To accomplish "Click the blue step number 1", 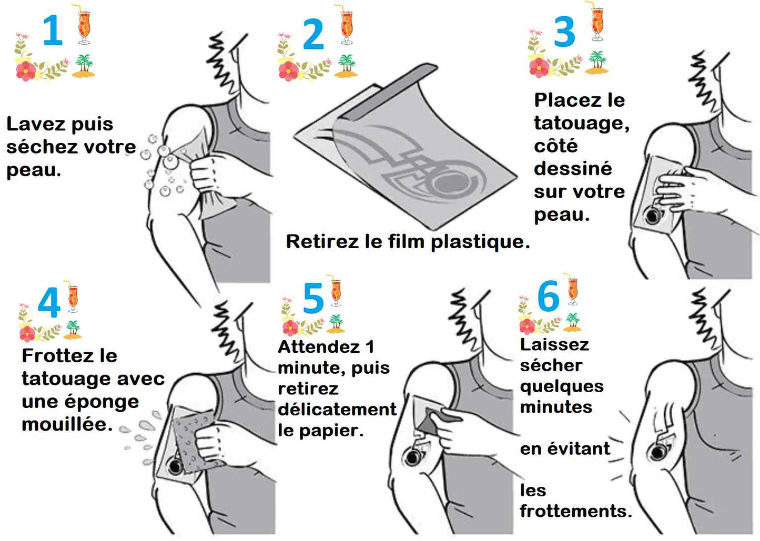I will point(53,31).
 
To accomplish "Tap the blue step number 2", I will point(313,35).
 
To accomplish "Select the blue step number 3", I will point(564,32).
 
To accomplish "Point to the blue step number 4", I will point(49,303).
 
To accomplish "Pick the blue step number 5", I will point(313,298).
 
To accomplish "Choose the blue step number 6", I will point(548,297).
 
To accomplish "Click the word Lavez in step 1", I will point(29,124).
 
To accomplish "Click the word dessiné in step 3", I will point(573,169).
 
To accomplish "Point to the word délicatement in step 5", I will point(337,410).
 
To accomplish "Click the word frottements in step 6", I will point(575,511).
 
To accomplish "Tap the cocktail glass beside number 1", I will point(84,24).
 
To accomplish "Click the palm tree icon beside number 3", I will point(597,62).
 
